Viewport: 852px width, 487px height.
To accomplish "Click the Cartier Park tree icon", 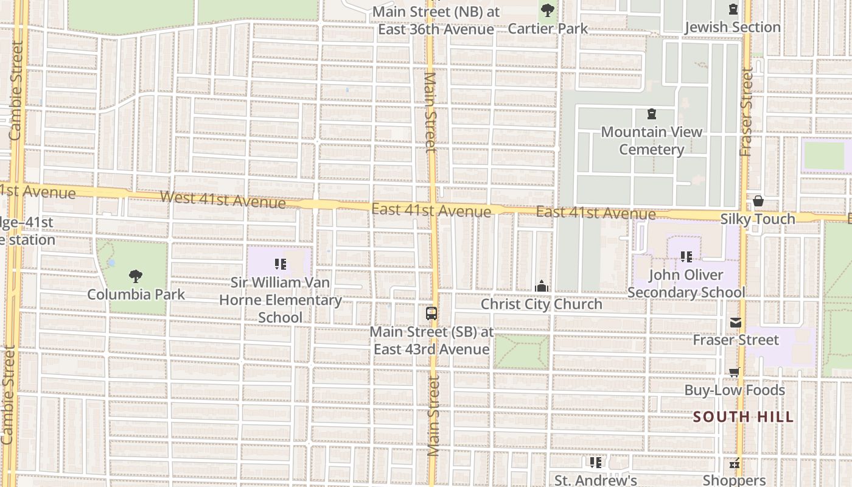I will click(548, 10).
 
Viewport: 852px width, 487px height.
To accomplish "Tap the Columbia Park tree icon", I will click(136, 276).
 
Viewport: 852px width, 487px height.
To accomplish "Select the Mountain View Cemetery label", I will click(652, 141).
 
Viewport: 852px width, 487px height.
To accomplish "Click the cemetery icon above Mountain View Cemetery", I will click(652, 114).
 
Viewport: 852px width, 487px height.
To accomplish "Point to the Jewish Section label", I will click(733, 27).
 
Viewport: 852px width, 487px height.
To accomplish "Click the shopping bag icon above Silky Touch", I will click(758, 201).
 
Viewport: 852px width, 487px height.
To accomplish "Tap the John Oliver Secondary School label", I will click(686, 284).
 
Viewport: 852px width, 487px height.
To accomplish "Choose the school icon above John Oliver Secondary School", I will click(686, 257).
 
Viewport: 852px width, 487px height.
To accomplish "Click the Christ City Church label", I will click(542, 304).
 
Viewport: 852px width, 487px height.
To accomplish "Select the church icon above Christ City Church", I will click(542, 286).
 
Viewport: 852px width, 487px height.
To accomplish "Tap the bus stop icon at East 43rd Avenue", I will click(431, 314).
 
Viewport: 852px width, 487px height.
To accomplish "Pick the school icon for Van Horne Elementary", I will click(281, 264).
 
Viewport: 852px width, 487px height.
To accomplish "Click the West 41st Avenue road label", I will click(223, 199).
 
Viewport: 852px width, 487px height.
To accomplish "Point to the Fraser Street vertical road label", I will click(746, 114).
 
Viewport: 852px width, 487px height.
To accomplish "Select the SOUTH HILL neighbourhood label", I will click(744, 417).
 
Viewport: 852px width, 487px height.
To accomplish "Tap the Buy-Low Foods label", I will click(735, 390).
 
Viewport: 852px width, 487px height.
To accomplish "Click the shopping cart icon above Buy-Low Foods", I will click(735, 373).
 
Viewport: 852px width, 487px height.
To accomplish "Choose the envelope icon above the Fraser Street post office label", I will click(736, 323).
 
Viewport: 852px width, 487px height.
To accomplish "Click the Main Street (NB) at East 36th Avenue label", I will click(436, 20).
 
